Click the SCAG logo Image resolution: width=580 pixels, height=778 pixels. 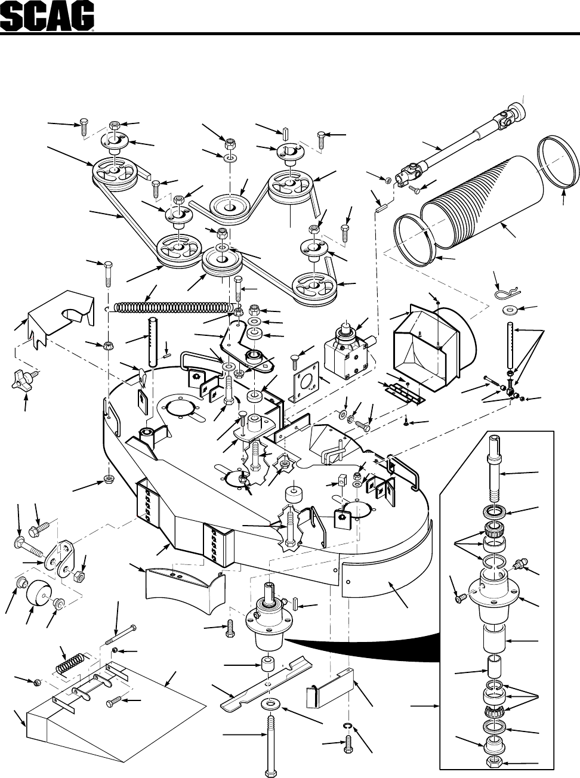47,17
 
